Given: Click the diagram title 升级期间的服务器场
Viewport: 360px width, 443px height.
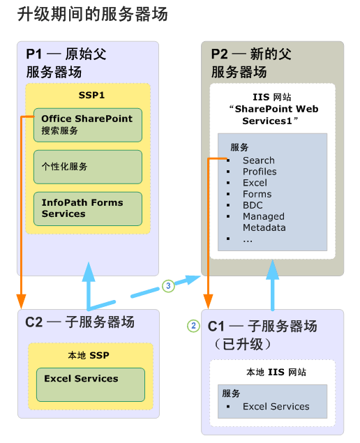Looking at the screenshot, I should pos(93,13).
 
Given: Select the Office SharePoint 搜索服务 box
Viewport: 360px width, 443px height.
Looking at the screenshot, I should pos(88,125).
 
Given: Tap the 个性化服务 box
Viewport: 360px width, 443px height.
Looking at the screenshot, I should pos(88,167).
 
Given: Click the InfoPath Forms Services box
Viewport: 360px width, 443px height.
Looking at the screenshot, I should pos(88,209).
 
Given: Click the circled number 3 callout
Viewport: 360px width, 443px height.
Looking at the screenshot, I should pos(167,285).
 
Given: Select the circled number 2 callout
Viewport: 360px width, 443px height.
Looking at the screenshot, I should pos(194,325).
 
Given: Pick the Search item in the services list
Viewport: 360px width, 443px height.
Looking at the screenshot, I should pos(258,160).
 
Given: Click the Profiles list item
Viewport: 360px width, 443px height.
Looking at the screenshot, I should pos(260,172).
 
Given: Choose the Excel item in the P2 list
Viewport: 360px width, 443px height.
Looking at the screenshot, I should pos(255,183).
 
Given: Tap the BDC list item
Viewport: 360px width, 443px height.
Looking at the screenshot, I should pos(253,205).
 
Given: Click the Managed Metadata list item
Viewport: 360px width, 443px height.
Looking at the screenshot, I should pos(264,222).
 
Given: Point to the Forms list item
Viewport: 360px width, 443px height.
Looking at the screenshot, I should pos(257,194).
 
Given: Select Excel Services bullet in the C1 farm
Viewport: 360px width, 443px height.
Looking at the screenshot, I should pos(276,407).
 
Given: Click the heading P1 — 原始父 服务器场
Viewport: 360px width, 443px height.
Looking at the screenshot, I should pos(66,63).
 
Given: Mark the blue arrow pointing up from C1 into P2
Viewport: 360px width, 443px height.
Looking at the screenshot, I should pos(273,286).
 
